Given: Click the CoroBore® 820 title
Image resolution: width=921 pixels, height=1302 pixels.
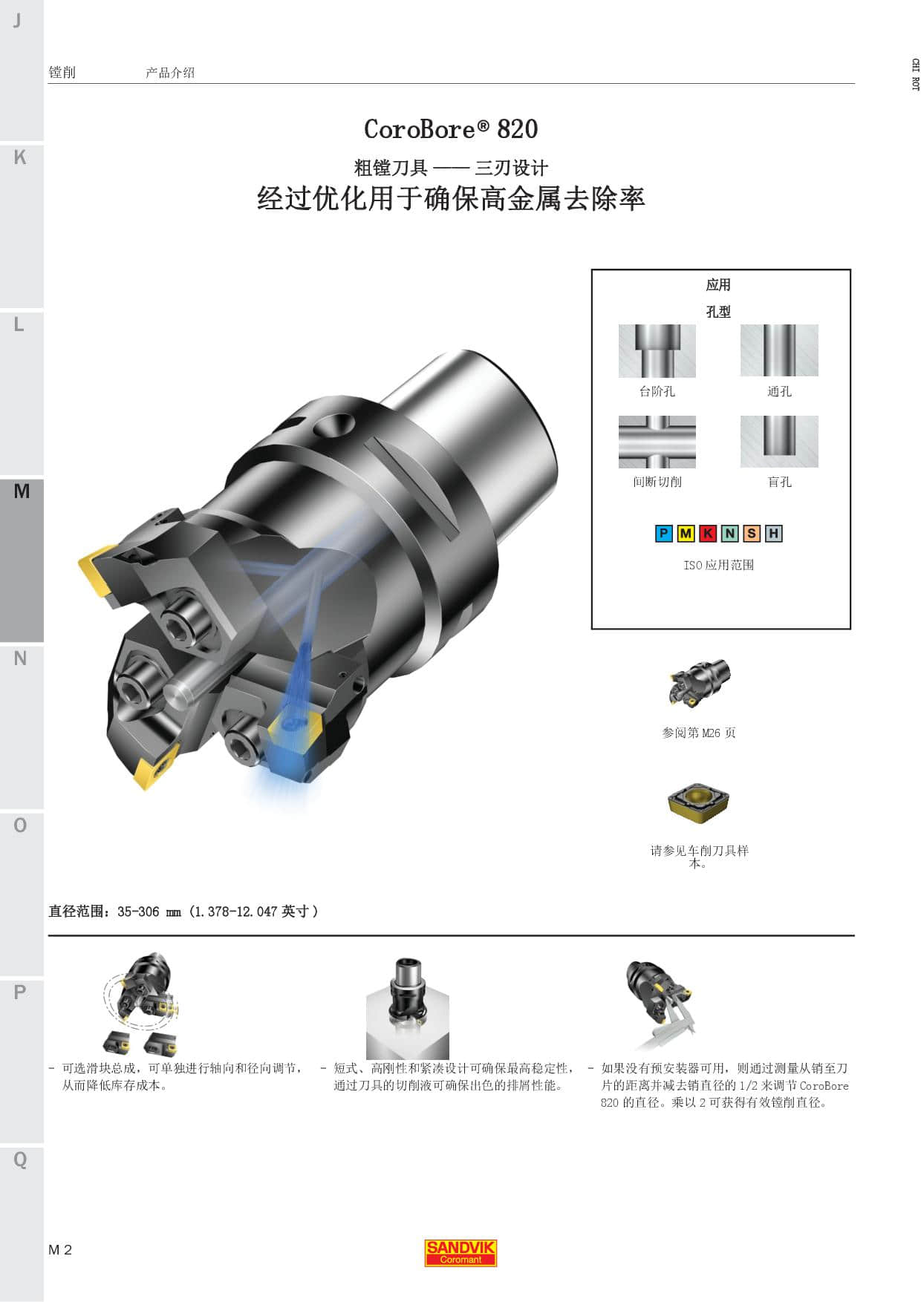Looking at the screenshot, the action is pos(451,129).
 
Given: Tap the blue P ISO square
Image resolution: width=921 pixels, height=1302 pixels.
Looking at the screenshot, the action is pos(664,533).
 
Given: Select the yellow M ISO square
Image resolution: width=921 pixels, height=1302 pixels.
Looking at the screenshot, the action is pos(686,533).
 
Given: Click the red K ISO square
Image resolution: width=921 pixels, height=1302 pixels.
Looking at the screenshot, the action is pos(708,533).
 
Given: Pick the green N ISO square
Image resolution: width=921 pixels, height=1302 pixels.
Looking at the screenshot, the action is pos(730,533).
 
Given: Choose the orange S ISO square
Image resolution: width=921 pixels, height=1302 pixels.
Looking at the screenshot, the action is pos(752,533).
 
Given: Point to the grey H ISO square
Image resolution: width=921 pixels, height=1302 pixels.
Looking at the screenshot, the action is pos(774,533).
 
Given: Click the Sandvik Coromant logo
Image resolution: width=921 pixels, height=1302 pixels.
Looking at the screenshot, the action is pos(461,1253).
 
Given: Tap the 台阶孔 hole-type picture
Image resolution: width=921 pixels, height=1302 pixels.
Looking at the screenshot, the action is pos(657,351).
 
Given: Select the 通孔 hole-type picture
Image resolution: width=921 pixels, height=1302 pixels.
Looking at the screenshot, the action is pos(779,351).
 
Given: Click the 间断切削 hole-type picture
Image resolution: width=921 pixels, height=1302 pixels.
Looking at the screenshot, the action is pos(657,442).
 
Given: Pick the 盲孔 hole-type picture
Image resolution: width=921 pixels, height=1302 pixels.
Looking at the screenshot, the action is pos(779,442).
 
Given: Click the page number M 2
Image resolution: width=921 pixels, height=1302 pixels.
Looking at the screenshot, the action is pos(60,1250).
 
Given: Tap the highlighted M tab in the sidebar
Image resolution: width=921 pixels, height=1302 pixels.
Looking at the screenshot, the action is pos(22,560).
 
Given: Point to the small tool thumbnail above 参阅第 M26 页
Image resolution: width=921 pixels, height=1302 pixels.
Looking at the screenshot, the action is pos(699,682).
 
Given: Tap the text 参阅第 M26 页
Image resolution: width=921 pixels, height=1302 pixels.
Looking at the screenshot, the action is pos(699,733).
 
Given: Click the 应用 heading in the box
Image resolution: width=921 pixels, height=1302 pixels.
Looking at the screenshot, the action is pos(718,285).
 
